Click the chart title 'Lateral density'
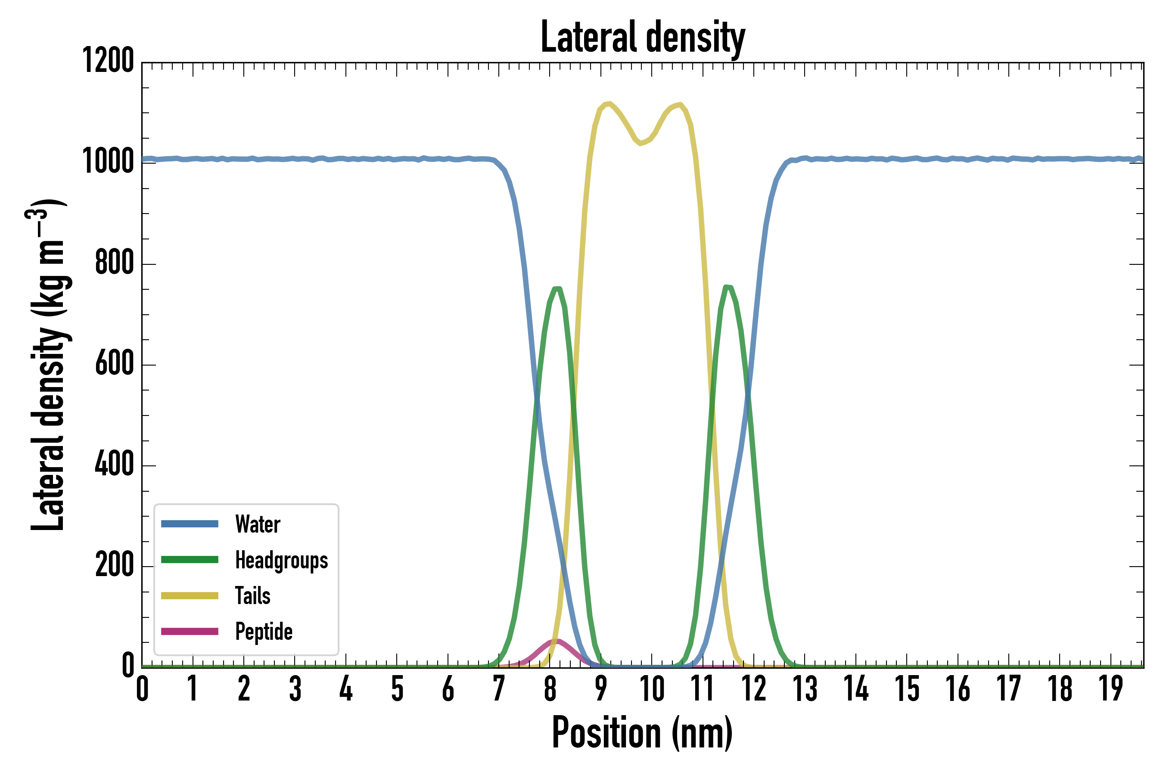(x=642, y=37)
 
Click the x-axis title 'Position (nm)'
(x=642, y=733)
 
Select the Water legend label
(x=258, y=524)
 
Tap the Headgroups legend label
(x=281, y=561)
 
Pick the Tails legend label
(x=253, y=596)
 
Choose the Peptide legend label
(x=264, y=632)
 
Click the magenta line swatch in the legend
(x=190, y=632)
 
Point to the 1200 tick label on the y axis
(x=108, y=61)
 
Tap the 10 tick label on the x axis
(x=652, y=689)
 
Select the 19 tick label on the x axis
(x=1110, y=689)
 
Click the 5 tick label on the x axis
(x=397, y=689)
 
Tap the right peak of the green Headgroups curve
(x=728, y=287)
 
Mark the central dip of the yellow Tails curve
(x=641, y=143)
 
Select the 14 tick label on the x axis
(x=856, y=689)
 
